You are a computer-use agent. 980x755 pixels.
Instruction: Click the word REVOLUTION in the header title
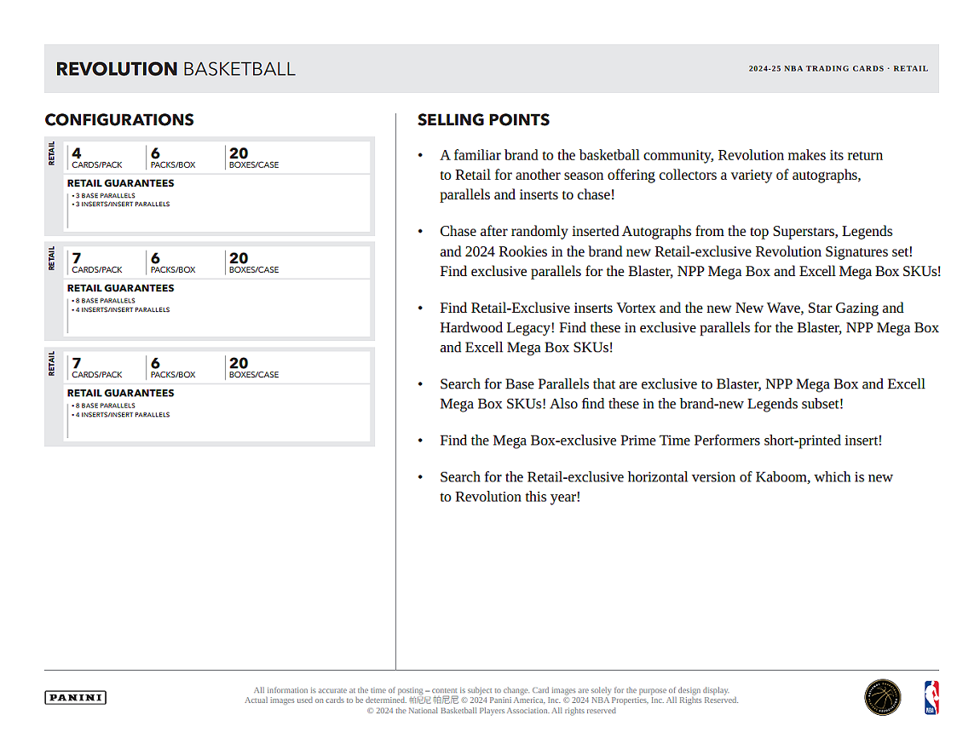coord(117,69)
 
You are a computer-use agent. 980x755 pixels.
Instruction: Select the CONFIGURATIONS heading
coord(119,120)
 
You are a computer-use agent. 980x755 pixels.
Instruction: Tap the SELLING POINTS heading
coord(483,120)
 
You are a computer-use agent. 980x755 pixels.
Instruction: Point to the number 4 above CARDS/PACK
coord(77,153)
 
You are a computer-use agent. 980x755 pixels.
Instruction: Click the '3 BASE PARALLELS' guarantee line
coord(104,196)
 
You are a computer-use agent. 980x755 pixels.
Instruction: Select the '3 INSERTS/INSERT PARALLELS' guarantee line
coord(121,205)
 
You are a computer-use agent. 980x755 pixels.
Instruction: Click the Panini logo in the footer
coord(75,698)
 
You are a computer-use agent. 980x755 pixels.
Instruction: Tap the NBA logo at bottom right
coord(931,697)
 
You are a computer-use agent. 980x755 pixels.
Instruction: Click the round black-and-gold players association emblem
coord(882,697)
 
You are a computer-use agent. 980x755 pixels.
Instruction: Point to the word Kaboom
coord(781,477)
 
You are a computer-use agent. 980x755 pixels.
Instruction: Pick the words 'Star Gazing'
coord(844,308)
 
